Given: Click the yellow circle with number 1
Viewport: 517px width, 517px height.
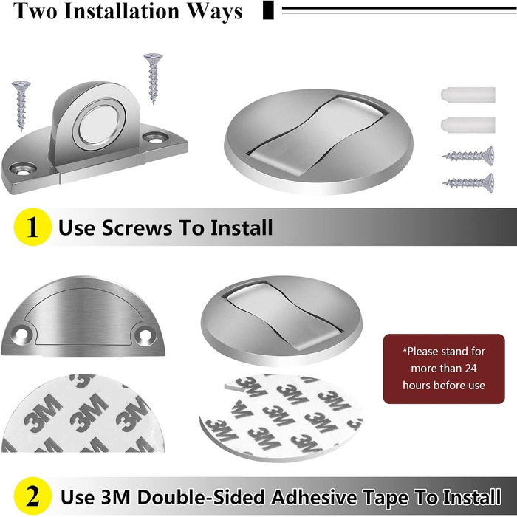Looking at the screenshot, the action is (32, 227).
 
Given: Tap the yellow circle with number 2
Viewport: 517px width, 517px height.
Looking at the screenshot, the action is (32, 496).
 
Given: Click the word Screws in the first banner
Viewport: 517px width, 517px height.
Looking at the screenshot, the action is (137, 227).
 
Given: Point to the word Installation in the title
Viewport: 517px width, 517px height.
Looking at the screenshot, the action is (122, 11).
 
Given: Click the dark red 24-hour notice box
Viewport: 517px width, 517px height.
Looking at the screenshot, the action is (444, 369).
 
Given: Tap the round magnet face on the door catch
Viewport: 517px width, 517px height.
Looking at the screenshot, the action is (98, 125).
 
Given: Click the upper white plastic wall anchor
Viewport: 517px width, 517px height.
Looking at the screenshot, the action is (468, 95).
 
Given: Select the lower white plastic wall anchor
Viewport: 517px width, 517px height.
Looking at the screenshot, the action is (468, 125).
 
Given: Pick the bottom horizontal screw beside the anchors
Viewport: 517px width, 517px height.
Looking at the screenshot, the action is (468, 182).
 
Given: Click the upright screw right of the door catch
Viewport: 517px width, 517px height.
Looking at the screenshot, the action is (154, 78).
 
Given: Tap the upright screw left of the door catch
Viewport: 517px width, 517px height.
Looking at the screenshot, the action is (21, 106).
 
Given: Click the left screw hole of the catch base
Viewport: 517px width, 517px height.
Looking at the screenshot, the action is (22, 169).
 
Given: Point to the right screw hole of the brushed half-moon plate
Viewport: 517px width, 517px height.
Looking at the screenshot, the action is (145, 335).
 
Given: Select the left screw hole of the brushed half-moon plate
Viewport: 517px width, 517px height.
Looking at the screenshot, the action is (21, 335).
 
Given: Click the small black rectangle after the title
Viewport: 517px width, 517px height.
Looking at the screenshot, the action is (268, 10).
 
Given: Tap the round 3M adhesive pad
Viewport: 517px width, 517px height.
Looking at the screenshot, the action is (281, 418).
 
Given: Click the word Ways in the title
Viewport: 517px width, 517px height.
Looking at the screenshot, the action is (215, 12).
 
